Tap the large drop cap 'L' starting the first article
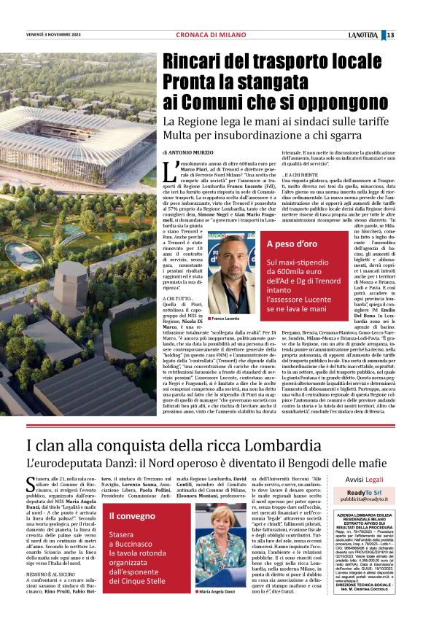click(169, 173)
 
